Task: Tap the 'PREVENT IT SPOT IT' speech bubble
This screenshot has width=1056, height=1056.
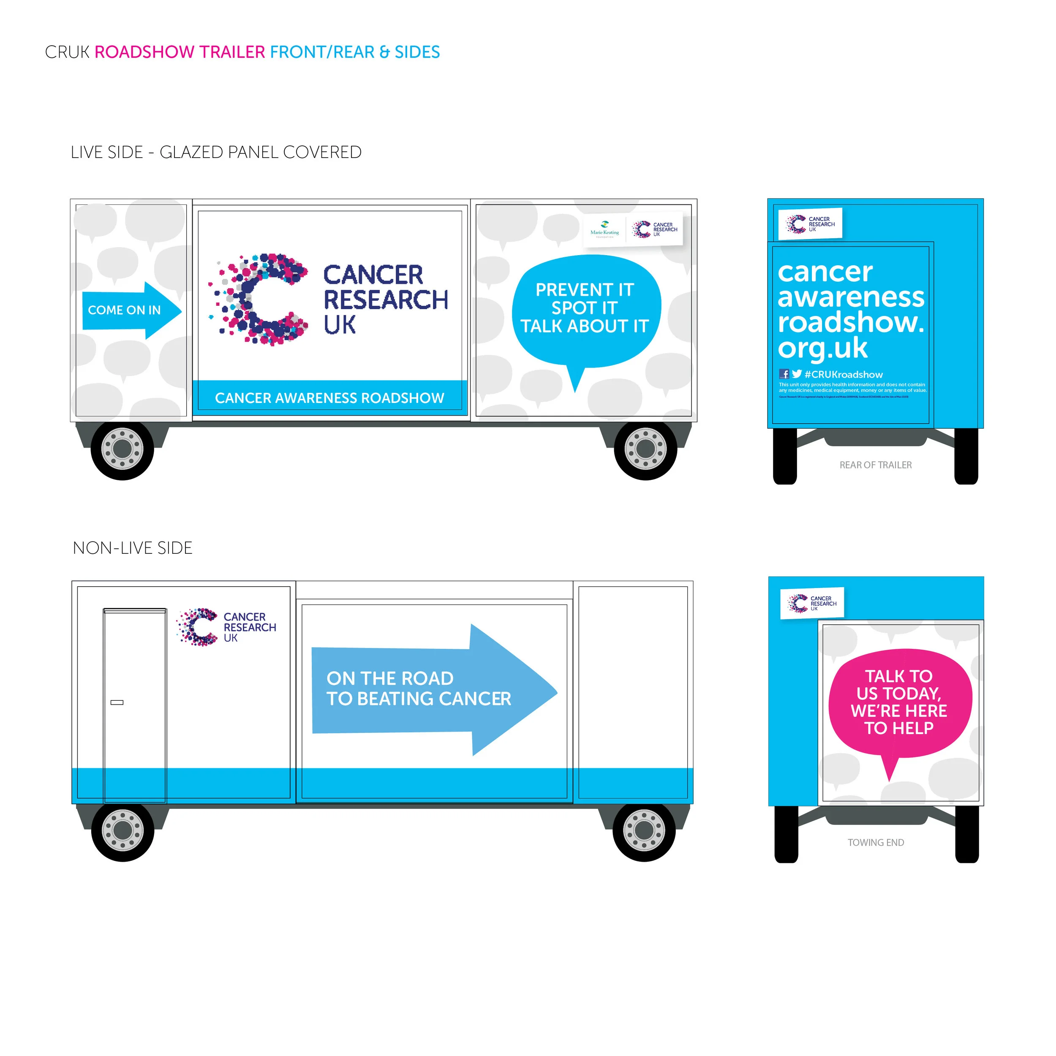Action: point(585,309)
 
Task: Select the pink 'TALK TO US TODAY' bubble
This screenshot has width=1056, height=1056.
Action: point(899,702)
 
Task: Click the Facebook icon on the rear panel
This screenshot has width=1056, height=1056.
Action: point(784,374)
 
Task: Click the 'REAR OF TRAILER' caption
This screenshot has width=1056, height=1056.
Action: point(876,465)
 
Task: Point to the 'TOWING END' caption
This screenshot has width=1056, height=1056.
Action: point(876,843)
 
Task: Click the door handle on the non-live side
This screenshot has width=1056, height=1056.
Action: point(117,702)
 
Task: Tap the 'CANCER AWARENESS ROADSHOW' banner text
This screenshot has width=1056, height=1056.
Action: point(329,398)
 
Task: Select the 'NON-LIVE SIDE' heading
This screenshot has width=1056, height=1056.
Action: point(133,548)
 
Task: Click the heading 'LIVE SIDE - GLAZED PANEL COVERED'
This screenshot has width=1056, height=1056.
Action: point(216,152)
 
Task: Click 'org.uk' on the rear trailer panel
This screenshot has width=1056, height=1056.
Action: point(822,348)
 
